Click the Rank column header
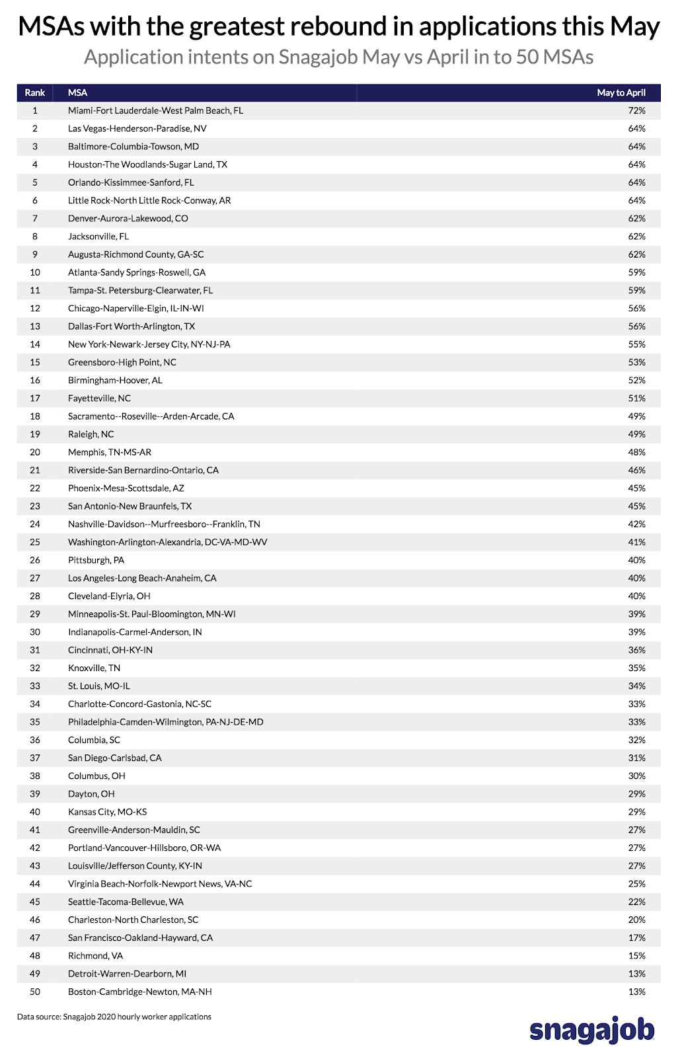(x=35, y=92)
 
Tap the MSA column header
(x=77, y=92)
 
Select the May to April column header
(x=621, y=92)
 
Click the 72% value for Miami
(x=636, y=110)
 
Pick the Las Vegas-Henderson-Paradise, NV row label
(x=137, y=128)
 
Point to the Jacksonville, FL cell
(x=98, y=236)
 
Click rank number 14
(x=35, y=344)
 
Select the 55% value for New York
(x=636, y=344)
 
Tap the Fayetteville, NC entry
(x=99, y=398)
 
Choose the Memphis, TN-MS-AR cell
(x=109, y=452)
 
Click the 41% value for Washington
(x=636, y=542)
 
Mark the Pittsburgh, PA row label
(x=96, y=560)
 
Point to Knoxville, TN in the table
(x=94, y=668)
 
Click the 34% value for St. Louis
(x=636, y=686)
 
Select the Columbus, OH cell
(x=96, y=776)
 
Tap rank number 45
(x=35, y=902)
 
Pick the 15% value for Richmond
(x=636, y=955)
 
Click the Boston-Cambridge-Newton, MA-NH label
(x=139, y=992)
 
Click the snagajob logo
(x=592, y=1030)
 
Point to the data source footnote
(x=114, y=1017)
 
